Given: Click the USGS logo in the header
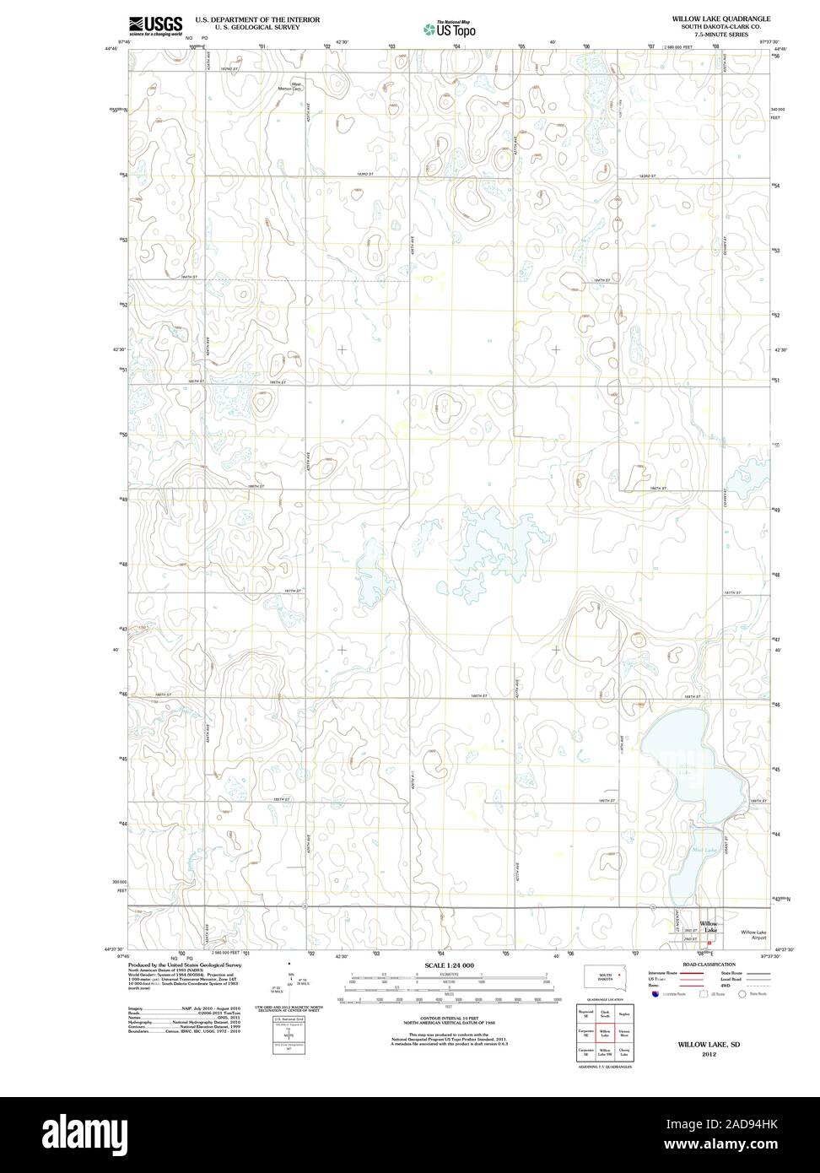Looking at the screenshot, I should pos(154,25).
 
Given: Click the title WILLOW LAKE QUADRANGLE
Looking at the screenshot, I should pos(720,18).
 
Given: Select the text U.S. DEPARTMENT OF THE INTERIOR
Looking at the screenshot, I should pos(257,18).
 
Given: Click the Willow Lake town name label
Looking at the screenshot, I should pos(708,927).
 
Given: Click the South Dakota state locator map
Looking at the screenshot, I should pos(606,977).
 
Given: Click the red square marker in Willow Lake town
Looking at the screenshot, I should pos(709,943).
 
